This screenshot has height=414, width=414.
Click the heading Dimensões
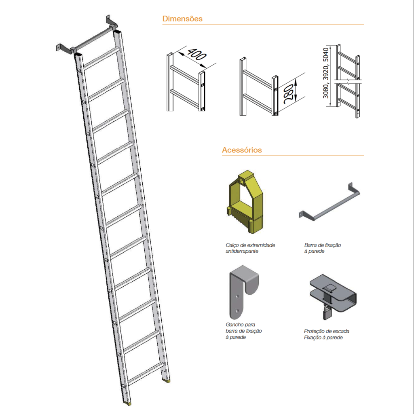tap(182, 19)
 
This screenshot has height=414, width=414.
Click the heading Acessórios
tap(242, 150)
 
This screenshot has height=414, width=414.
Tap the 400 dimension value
tap(197, 54)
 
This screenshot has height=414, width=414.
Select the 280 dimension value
tap(288, 93)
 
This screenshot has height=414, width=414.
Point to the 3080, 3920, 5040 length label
tap(326, 73)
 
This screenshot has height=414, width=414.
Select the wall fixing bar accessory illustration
tap(330, 202)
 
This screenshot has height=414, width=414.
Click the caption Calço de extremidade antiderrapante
tap(250, 248)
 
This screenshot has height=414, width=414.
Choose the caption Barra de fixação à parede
tap(322, 248)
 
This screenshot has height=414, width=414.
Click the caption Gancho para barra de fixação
tap(243, 327)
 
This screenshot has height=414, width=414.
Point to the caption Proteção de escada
tap(327, 331)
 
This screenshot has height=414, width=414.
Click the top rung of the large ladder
tap(101, 58)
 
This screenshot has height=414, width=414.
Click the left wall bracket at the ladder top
tap(65, 49)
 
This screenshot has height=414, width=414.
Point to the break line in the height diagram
tap(348, 81)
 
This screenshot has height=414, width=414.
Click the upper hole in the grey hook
tap(237, 297)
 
